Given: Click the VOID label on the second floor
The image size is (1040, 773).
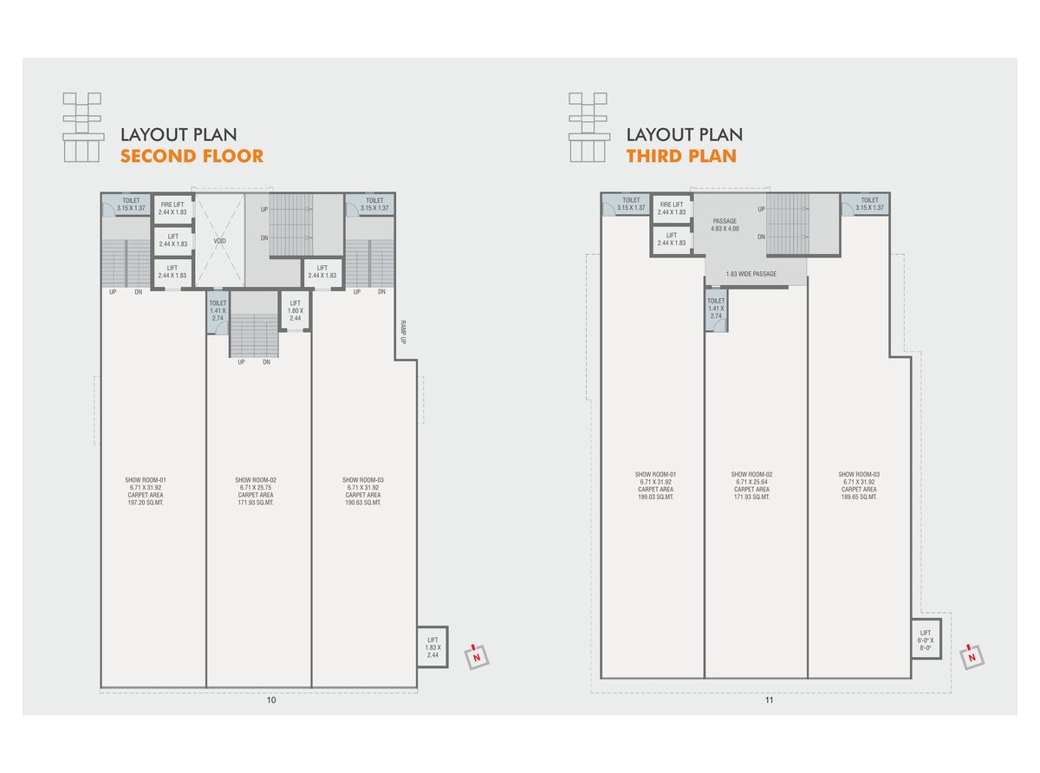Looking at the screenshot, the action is pyautogui.click(x=219, y=241).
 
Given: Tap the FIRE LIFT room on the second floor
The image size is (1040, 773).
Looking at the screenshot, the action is pyautogui.click(x=172, y=209).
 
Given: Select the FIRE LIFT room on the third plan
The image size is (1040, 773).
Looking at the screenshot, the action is pyautogui.click(x=672, y=208).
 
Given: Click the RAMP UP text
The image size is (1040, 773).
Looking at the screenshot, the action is pyautogui.click(x=403, y=332).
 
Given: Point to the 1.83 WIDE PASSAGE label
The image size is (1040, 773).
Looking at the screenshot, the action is pyautogui.click(x=751, y=274).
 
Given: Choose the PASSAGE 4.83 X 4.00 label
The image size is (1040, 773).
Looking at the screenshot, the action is pyautogui.click(x=725, y=224).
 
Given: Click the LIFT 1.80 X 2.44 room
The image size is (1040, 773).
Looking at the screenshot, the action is pyautogui.click(x=295, y=310).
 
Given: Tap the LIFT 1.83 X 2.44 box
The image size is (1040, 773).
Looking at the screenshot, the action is pyautogui.click(x=432, y=647).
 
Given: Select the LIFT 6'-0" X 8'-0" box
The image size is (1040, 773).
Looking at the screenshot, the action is pyautogui.click(x=925, y=640).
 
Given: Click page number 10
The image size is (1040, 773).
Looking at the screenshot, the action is pyautogui.click(x=271, y=700).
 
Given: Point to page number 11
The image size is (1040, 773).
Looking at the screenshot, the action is pyautogui.click(x=769, y=700).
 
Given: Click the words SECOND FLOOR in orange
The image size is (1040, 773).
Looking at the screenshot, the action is pyautogui.click(x=192, y=156).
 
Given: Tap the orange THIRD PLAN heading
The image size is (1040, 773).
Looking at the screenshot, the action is pyautogui.click(x=681, y=156).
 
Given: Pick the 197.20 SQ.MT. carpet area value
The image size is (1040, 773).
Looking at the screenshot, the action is pyautogui.click(x=146, y=503).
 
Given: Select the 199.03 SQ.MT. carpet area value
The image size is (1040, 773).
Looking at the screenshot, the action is pyautogui.click(x=655, y=497).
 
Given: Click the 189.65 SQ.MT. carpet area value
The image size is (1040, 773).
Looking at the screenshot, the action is pyautogui.click(x=859, y=497).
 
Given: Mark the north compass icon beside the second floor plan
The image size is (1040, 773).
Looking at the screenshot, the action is pyautogui.click(x=477, y=656).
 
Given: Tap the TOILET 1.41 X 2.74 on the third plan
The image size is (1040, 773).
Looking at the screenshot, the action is pyautogui.click(x=716, y=309).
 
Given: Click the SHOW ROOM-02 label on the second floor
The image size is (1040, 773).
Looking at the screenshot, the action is pyautogui.click(x=256, y=480).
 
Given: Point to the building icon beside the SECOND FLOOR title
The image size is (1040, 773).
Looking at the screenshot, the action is pyautogui.click(x=83, y=127).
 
